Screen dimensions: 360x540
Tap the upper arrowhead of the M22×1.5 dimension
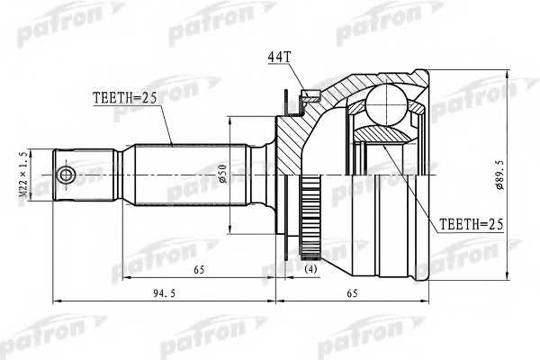coord(31,150)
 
